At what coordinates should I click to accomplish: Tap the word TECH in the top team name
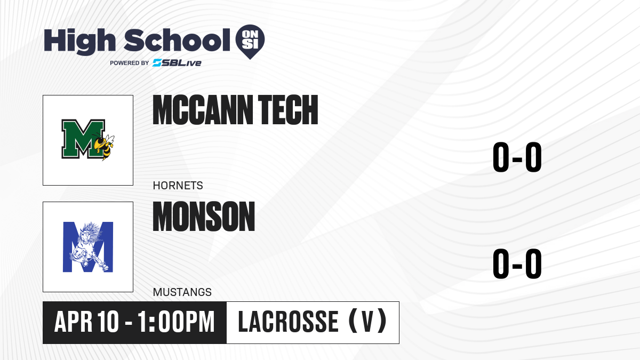click(288, 110)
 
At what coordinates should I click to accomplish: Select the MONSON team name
click(204, 217)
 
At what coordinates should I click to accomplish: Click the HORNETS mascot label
click(178, 186)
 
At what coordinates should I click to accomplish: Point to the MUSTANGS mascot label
click(182, 292)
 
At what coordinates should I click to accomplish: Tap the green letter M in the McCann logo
click(83, 139)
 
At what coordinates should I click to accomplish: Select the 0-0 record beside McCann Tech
click(517, 157)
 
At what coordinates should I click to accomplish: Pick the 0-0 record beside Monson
click(517, 263)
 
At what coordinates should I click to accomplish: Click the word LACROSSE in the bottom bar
click(289, 322)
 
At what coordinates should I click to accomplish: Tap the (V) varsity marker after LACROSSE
click(368, 322)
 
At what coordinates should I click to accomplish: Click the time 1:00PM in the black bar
click(176, 322)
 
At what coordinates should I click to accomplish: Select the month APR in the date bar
click(74, 322)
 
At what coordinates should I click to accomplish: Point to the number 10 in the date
click(108, 322)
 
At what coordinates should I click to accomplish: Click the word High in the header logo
click(80, 41)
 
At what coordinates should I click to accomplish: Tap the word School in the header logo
click(177, 40)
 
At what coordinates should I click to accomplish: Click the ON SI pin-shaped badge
click(250, 42)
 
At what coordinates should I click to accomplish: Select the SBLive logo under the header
click(177, 63)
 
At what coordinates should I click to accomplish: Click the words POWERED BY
click(130, 63)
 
